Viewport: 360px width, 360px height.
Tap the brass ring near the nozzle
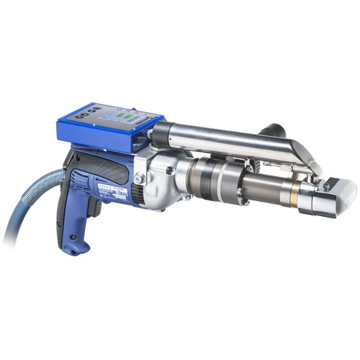point(294,190)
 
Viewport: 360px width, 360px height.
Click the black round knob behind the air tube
point(274,130)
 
